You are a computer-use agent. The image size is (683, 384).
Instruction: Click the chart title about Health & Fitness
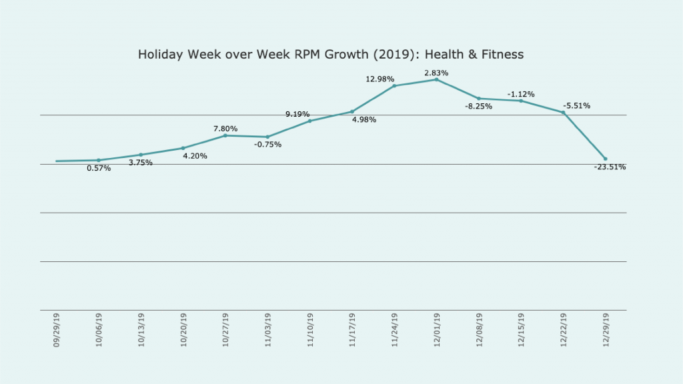pyautogui.click(x=331, y=55)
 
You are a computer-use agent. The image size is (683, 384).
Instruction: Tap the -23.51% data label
pyautogui.click(x=610, y=167)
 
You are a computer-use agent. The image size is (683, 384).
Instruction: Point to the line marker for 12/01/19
pyautogui.click(x=436, y=79)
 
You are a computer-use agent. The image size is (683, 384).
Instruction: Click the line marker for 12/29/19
pyautogui.click(x=605, y=159)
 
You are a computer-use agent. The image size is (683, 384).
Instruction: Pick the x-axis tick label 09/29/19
pyautogui.click(x=57, y=331)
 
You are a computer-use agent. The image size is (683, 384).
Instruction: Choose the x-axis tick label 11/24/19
pyautogui.click(x=394, y=331)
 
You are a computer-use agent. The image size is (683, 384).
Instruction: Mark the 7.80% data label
pyautogui.click(x=225, y=129)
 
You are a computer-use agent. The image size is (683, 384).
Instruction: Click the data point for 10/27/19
pyautogui.click(x=225, y=135)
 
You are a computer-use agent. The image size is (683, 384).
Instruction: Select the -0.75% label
pyautogui.click(x=267, y=145)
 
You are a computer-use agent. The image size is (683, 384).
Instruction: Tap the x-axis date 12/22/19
pyautogui.click(x=563, y=331)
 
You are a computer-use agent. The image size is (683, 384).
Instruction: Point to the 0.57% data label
pyautogui.click(x=99, y=169)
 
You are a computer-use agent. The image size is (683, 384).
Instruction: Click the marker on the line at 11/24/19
pyautogui.click(x=394, y=85)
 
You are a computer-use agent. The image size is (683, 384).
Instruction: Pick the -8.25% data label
pyautogui.click(x=478, y=106)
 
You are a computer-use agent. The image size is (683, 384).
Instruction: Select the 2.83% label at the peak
pyautogui.click(x=436, y=73)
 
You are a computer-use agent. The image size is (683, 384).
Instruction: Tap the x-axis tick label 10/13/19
pyautogui.click(x=141, y=331)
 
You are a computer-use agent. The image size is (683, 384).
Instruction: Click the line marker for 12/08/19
pyautogui.click(x=479, y=99)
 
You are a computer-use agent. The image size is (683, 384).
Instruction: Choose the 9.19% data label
pyautogui.click(x=297, y=114)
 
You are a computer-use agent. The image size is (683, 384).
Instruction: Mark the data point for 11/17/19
pyautogui.click(x=352, y=111)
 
